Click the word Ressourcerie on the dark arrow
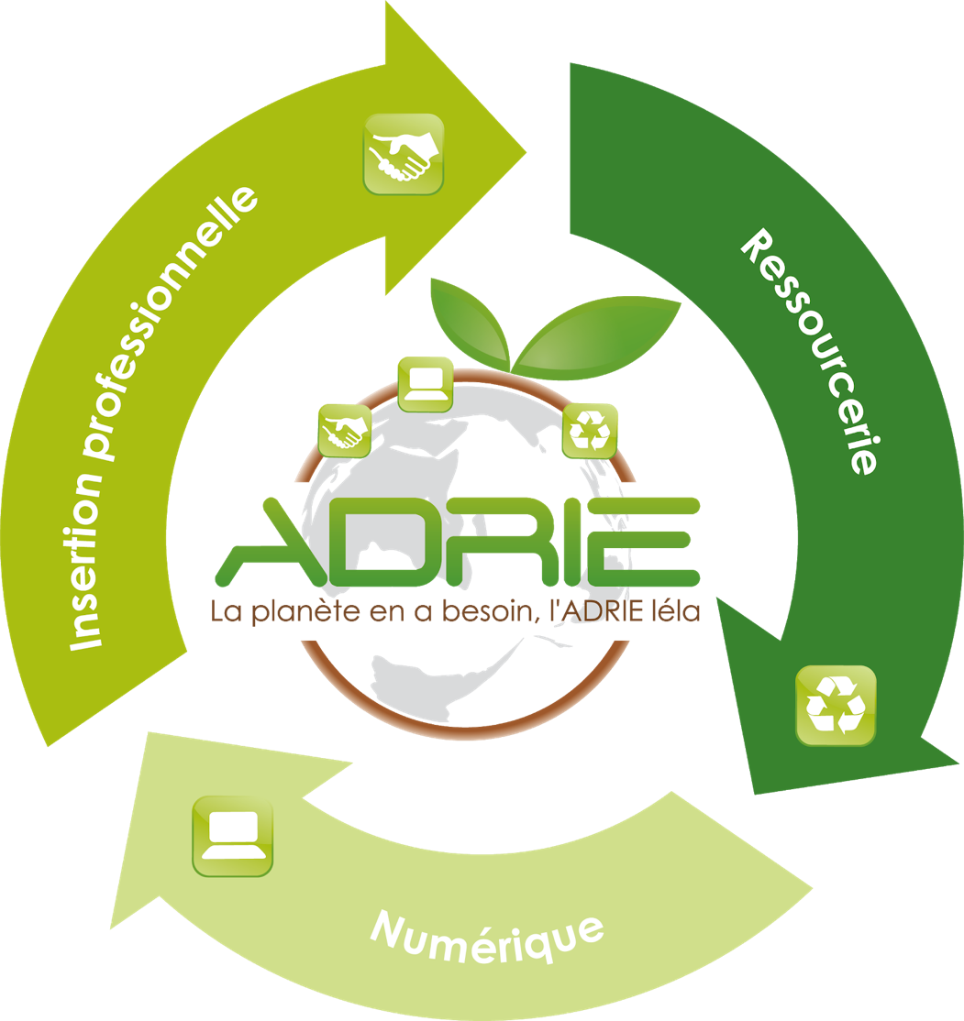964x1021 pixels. click(808, 353)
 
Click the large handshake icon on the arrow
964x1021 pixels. click(404, 154)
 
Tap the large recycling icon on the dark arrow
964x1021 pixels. click(836, 705)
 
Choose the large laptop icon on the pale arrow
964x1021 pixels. click(233, 836)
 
